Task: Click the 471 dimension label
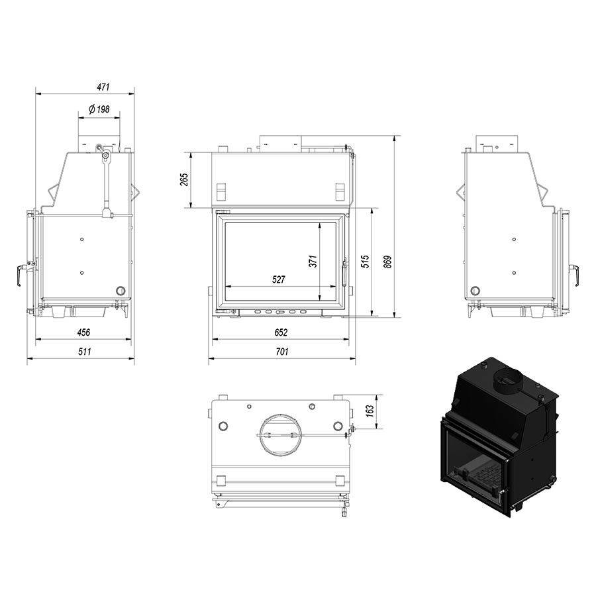coord(103,87)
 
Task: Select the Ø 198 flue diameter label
coord(99,109)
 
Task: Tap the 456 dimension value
coord(83,332)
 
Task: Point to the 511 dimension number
coord(85,352)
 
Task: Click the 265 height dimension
coord(184,179)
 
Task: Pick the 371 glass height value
coord(313,262)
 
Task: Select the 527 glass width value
coord(279,279)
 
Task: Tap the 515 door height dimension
coord(365,262)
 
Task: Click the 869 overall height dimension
coord(387,262)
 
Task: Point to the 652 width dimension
coord(281,332)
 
